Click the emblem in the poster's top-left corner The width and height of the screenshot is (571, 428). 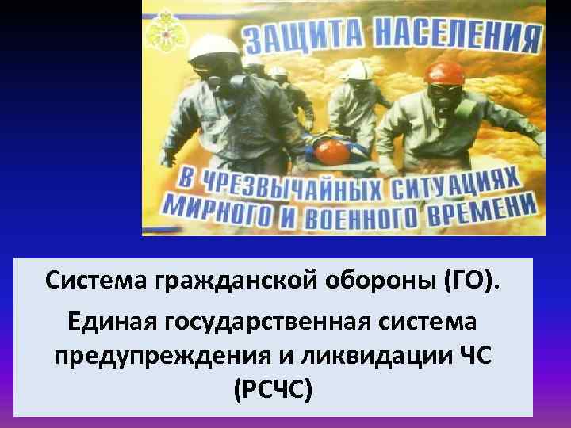coord(161,30)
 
